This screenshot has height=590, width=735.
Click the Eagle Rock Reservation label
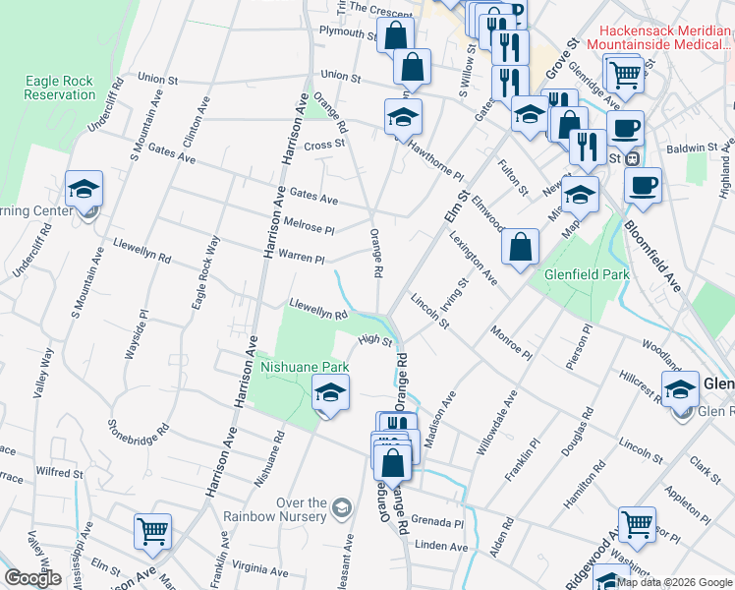[61, 88]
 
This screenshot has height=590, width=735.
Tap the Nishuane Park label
[305, 367]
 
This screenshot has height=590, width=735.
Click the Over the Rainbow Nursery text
[287, 509]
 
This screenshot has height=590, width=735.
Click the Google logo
[33, 578]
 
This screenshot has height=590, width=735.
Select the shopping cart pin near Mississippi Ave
[152, 532]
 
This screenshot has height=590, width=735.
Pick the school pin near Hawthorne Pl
[402, 117]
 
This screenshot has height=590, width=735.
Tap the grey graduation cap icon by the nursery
[341, 507]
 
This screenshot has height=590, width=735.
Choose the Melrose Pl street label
[309, 225]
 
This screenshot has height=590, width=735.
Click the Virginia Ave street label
[259, 567]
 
